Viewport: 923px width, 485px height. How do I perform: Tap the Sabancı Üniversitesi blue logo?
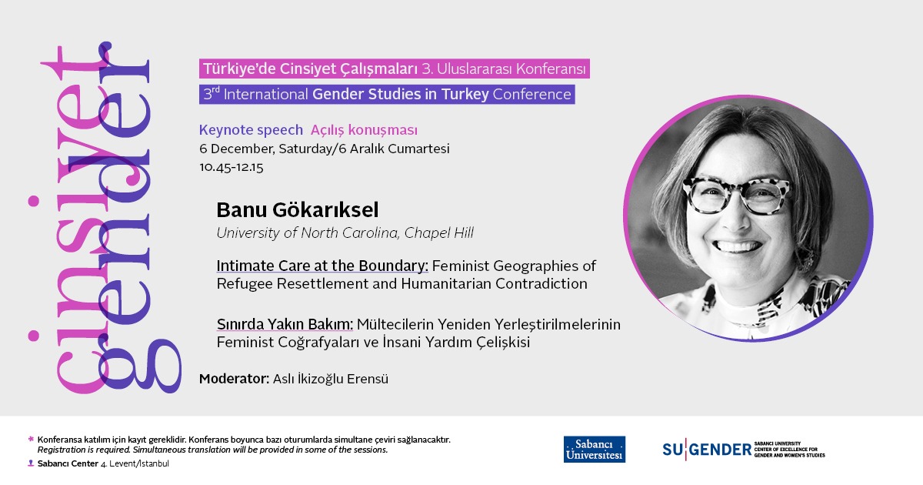point(594,450)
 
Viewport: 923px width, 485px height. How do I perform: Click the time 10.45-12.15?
point(231,167)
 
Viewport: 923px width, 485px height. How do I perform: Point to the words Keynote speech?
point(251,130)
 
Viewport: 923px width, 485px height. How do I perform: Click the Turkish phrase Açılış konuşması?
point(364,130)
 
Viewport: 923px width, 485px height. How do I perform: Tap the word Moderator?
point(233,379)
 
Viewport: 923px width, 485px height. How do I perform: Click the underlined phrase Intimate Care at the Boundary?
point(322,266)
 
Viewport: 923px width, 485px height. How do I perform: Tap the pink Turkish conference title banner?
point(395,69)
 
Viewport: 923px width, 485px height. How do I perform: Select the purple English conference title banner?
point(387,95)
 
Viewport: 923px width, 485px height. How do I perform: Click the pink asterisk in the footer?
point(31,439)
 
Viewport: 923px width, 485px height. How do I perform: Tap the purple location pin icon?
point(31,463)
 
